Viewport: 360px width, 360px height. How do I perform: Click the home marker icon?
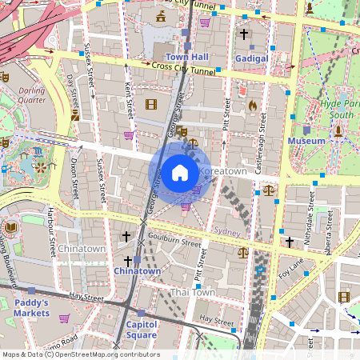179,172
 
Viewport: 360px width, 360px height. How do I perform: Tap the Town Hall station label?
187,58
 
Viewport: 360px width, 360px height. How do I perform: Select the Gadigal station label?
252,58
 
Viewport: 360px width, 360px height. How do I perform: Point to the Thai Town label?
192,293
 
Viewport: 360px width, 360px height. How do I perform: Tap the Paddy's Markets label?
31,308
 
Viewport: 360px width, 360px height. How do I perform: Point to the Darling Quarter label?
33,96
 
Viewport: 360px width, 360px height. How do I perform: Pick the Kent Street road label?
128,97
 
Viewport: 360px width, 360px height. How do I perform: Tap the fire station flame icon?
253,105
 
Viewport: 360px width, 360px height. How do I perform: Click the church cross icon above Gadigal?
244,34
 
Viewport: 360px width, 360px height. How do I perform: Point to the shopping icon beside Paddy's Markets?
64,318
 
